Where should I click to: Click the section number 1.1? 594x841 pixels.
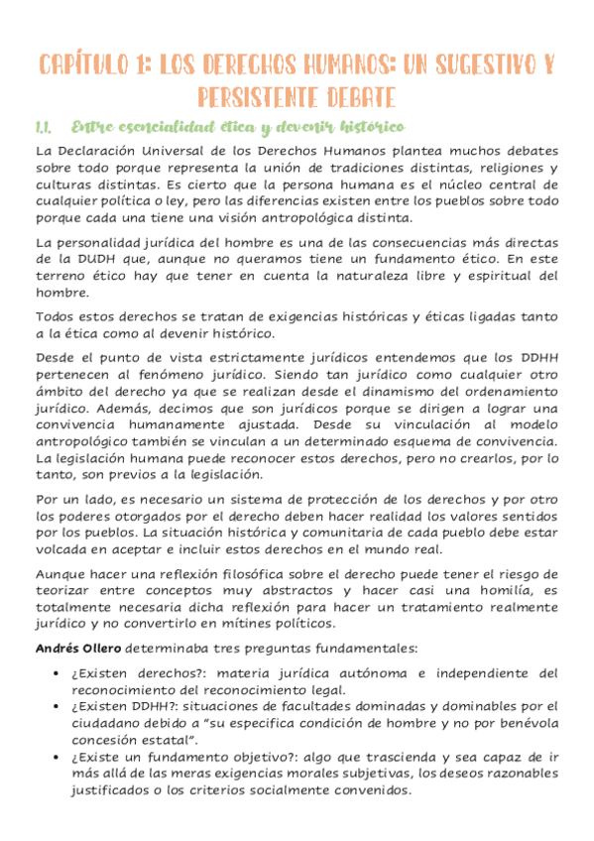pyautogui.click(x=44, y=128)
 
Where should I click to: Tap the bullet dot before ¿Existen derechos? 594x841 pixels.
pyautogui.click(x=60, y=673)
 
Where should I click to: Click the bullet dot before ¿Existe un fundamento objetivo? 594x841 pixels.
pyautogui.click(x=60, y=758)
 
